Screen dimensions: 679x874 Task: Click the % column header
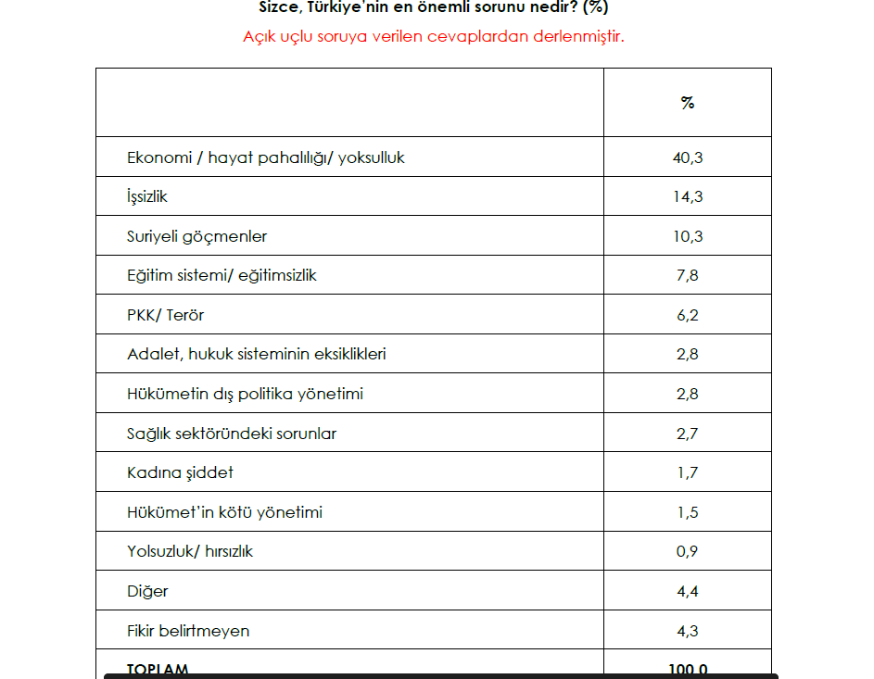tap(687, 103)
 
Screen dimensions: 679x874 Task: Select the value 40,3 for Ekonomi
tap(687, 157)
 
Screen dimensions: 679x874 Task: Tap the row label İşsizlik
tap(147, 196)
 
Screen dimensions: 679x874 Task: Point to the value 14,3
tap(687, 196)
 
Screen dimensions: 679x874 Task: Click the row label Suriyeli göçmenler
tap(196, 236)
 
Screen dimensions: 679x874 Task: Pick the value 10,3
tap(687, 236)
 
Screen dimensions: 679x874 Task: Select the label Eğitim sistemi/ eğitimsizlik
tap(222, 275)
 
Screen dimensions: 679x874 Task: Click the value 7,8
tap(687, 275)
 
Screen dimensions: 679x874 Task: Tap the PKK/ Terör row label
tap(165, 315)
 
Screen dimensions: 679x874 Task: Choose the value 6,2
tap(687, 315)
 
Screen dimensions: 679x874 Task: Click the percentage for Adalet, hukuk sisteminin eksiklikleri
tap(687, 354)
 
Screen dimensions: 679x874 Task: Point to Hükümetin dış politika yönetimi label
tap(245, 394)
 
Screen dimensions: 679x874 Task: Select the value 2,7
tap(687, 433)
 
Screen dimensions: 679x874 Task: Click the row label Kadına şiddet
tap(180, 472)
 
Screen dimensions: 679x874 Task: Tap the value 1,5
tap(687, 511)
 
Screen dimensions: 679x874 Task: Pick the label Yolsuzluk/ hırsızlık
tap(190, 551)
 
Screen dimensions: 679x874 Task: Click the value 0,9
tap(687, 551)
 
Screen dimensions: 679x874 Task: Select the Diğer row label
tap(147, 590)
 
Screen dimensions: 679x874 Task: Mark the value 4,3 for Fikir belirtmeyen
tap(687, 630)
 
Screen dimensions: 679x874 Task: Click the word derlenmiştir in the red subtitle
tap(579, 37)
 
